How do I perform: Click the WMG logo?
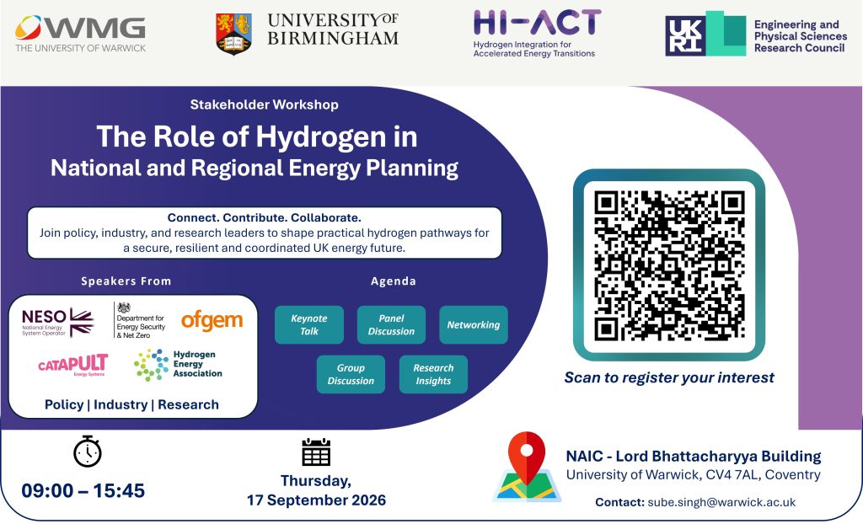[80, 34]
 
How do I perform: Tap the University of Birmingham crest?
[234, 35]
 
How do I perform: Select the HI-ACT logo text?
[537, 23]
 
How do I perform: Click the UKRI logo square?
[684, 35]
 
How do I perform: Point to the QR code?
[669, 265]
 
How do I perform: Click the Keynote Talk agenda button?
[309, 324]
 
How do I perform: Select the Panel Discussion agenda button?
[391, 324]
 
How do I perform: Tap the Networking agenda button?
[474, 324]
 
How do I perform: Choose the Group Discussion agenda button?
[351, 374]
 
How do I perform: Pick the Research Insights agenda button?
[433, 374]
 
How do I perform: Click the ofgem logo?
[212, 320]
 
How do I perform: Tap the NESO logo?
[58, 322]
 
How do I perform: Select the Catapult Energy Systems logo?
[73, 365]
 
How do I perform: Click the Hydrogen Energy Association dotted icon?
[152, 365]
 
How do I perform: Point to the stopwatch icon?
[88, 452]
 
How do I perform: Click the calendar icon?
[316, 452]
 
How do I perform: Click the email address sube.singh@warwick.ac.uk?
[721, 502]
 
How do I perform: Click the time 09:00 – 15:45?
[83, 490]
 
